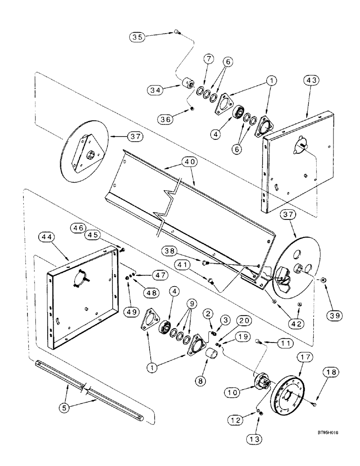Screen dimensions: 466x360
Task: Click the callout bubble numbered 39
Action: click(335, 315)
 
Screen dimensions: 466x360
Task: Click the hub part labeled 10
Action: click(261, 385)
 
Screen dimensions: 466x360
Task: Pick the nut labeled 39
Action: click(322, 281)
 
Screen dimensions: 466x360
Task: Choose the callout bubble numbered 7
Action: click(209, 59)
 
